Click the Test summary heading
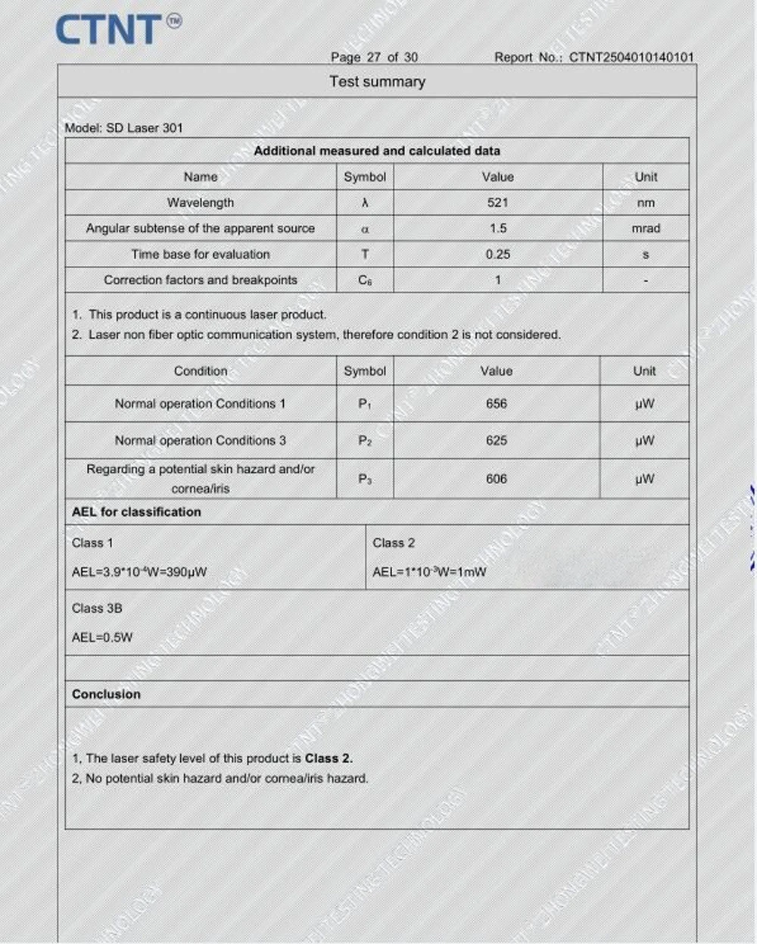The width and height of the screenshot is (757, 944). [377, 82]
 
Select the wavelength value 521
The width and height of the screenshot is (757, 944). [497, 202]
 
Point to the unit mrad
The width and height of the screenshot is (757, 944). [645, 228]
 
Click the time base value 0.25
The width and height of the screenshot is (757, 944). [497, 255]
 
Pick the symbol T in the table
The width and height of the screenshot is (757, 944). [365, 255]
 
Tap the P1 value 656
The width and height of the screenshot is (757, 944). [496, 404]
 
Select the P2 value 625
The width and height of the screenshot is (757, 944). [496, 440]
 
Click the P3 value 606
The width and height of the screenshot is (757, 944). [496, 479]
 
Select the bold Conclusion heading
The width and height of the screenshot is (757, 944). [106, 694]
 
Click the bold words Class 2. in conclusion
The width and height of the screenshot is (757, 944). [329, 758]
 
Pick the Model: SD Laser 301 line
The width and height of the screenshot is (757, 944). [123, 128]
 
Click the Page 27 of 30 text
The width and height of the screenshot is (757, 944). [374, 57]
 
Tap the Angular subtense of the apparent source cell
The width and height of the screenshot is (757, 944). [200, 228]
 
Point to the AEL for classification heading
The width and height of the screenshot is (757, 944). [136, 512]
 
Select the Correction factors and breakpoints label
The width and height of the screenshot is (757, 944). [200, 280]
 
